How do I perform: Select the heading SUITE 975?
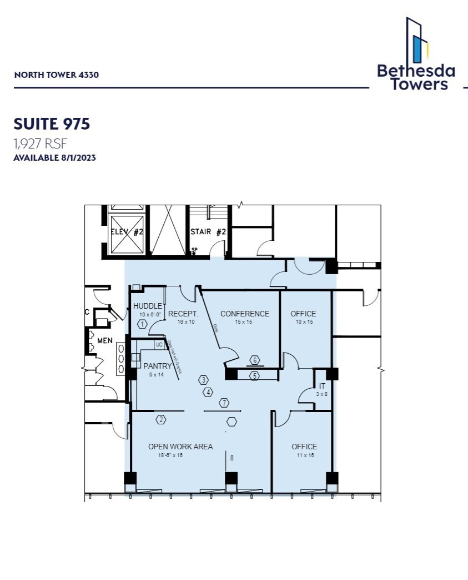click(x=51, y=124)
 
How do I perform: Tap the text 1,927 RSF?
click(x=40, y=144)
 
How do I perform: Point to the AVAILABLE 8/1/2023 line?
click(x=54, y=158)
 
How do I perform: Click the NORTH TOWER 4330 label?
click(x=56, y=75)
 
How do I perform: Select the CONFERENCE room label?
click(x=244, y=314)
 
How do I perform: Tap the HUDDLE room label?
click(x=148, y=306)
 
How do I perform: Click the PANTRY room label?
click(x=158, y=366)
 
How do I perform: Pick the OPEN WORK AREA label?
click(x=180, y=447)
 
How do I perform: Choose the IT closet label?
click(x=322, y=386)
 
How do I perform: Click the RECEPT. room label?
click(x=183, y=314)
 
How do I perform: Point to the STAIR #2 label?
click(x=208, y=232)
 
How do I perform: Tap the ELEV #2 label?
click(x=127, y=232)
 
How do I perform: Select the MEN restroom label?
click(x=105, y=340)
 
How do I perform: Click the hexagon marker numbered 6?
click(x=255, y=360)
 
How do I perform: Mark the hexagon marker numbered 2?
click(x=161, y=420)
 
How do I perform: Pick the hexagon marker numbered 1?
click(x=143, y=324)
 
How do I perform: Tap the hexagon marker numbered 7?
click(x=224, y=403)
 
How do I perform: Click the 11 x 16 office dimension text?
click(x=304, y=455)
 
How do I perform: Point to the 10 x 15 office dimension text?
click(x=303, y=322)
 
